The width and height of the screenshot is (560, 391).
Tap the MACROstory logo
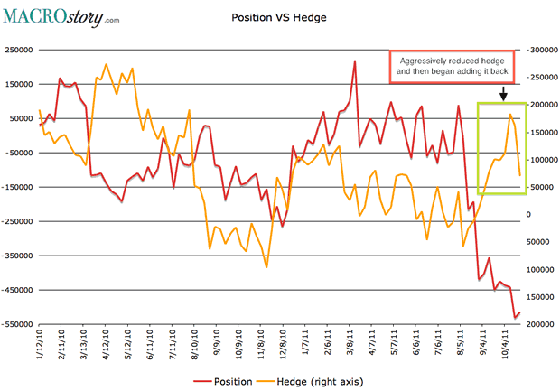pos(61,15)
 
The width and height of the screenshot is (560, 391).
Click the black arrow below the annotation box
pos(502,93)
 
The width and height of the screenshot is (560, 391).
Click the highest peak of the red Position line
pos(355,61)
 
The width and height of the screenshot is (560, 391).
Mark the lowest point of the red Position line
pos(515,317)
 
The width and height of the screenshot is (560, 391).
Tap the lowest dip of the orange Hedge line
pos(266,267)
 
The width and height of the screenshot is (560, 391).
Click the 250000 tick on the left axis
pos(21,51)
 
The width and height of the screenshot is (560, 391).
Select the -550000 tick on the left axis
pos(20,324)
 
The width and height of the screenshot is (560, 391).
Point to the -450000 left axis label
pos(20,290)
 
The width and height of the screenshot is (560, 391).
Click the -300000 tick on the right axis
pos(542,51)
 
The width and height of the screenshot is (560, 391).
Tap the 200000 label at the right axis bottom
pos(541,324)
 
